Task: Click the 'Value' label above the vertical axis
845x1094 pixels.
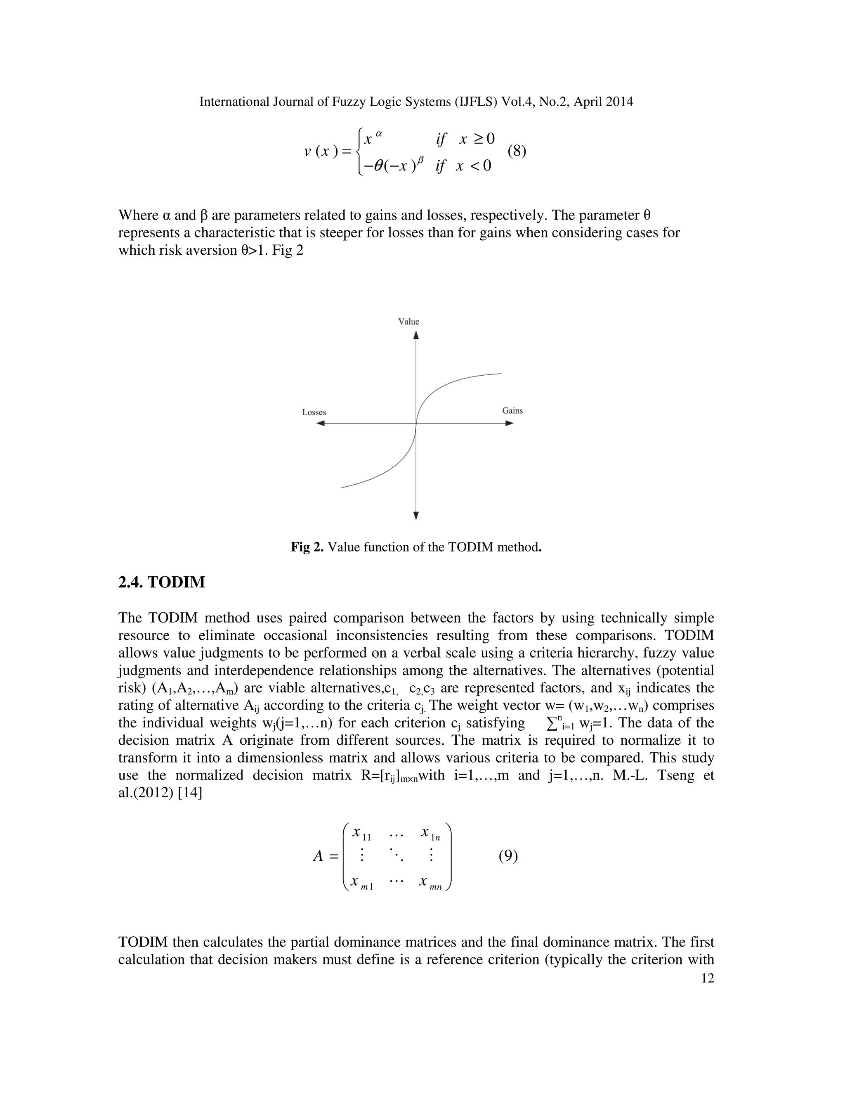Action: coord(408,322)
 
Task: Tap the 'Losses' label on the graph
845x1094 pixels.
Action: coord(314,412)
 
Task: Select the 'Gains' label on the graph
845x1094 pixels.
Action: coord(512,411)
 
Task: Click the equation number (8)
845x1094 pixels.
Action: coord(517,151)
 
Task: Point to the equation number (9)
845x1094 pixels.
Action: coord(507,856)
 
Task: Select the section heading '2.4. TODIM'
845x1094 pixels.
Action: coord(161,582)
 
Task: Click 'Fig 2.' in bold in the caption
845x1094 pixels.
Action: coord(307,547)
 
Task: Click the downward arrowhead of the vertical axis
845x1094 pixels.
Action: coord(416,516)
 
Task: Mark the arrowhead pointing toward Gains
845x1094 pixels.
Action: coord(510,423)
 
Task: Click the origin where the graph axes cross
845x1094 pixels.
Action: coord(416,423)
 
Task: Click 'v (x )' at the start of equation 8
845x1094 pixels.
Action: coord(321,151)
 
